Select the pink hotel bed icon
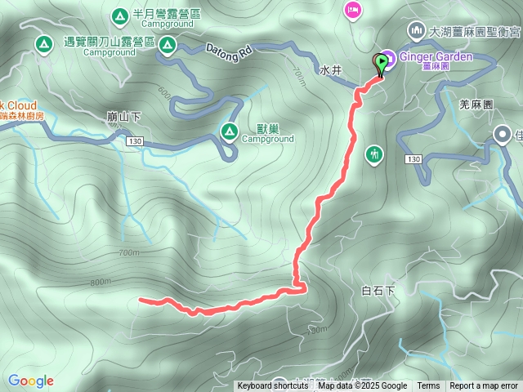pyautogui.click(x=353, y=10)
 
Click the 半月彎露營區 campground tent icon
pyautogui.click(x=119, y=15)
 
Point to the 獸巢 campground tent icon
pyautogui.click(x=230, y=130)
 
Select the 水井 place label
pyautogui.click(x=330, y=71)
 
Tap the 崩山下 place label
pyautogui.click(x=123, y=117)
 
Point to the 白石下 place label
pyautogui.click(x=378, y=290)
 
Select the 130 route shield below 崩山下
pyautogui.click(x=135, y=142)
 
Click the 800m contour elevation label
pyautogui.click(x=101, y=282)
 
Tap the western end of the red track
pyautogui.click(x=141, y=300)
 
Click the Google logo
pyautogui.click(x=31, y=381)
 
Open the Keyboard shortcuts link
pyautogui.click(x=272, y=386)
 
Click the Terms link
pyautogui.click(x=428, y=386)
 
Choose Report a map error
pyautogui.click(x=484, y=386)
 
